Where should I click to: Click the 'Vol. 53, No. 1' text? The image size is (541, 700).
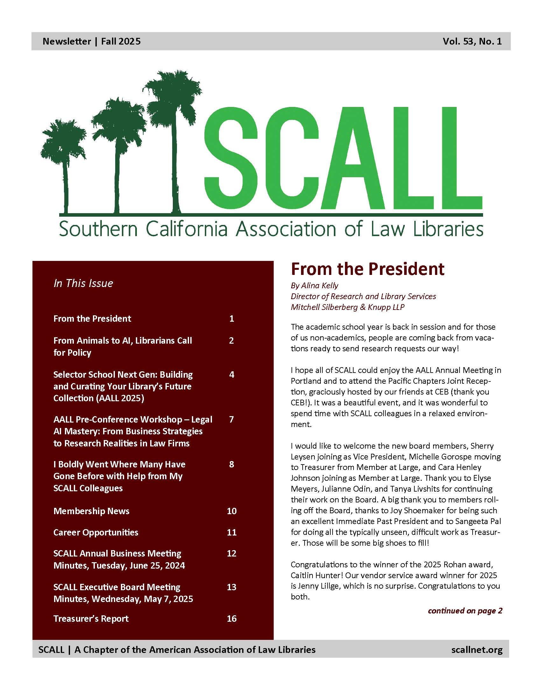point(472,41)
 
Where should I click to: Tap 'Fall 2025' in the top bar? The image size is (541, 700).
point(121,41)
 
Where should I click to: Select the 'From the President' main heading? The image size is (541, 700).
point(367,269)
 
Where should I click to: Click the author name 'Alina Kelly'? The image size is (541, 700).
point(320,285)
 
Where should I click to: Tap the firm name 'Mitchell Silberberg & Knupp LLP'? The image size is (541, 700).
point(348,307)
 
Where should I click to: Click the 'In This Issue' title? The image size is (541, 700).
point(83,283)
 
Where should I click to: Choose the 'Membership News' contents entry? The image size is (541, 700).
point(91,511)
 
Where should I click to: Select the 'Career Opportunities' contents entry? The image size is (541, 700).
point(96,532)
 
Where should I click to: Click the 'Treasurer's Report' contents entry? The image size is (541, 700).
point(91,619)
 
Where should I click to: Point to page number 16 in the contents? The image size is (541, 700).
point(232,619)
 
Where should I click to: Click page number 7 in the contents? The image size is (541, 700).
point(231,419)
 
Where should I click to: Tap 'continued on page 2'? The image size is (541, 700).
point(465,611)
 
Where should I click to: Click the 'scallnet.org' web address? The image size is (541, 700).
point(477,650)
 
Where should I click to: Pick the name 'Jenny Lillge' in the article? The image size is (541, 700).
point(320,586)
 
